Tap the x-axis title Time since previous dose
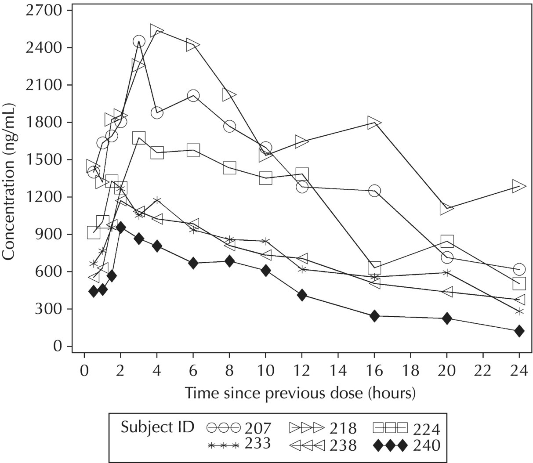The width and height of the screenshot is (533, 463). click(x=300, y=392)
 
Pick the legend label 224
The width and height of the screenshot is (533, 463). click(x=426, y=427)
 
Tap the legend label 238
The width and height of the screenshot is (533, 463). click(x=343, y=445)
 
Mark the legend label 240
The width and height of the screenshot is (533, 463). click(x=426, y=445)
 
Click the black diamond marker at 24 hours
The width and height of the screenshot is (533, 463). click(x=519, y=331)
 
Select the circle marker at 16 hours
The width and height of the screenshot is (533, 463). click(x=374, y=191)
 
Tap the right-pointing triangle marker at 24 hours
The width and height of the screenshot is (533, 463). click(x=519, y=186)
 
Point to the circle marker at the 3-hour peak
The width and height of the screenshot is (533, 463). click(x=138, y=42)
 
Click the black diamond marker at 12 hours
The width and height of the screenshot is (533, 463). click(x=302, y=295)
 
